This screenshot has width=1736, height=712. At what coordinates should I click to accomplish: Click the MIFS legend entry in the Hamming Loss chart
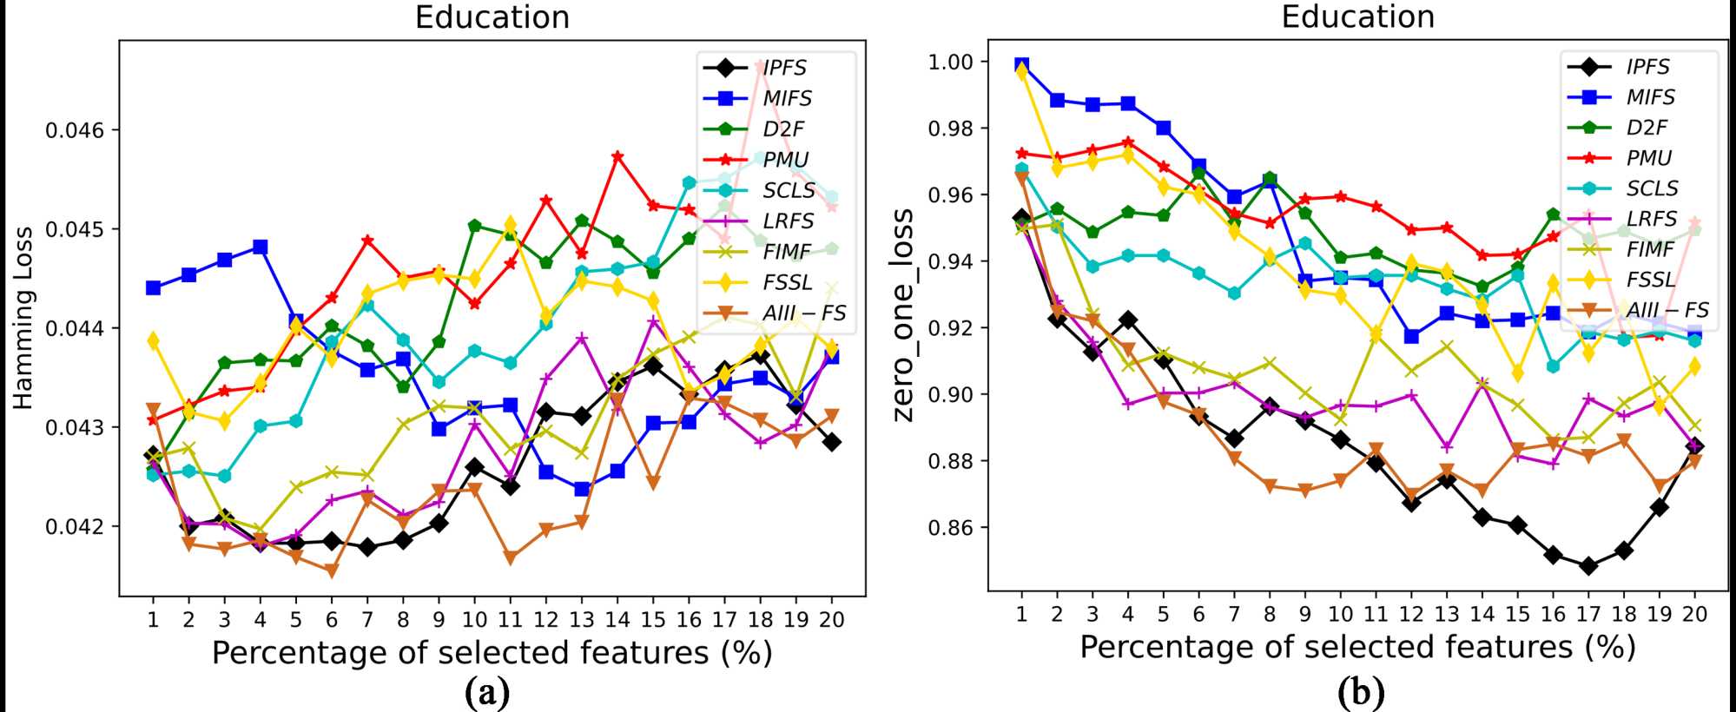point(787,98)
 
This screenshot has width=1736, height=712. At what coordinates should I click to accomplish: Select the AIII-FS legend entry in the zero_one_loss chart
point(1667,310)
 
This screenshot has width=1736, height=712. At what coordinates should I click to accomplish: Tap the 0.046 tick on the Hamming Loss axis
point(74,130)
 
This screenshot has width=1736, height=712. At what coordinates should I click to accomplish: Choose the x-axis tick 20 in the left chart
point(832,619)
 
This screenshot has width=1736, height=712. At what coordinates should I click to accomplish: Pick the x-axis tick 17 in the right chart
point(1588,614)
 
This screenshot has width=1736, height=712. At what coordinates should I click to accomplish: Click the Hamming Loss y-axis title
point(23,317)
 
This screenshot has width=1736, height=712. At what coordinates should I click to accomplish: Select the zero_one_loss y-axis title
point(903,314)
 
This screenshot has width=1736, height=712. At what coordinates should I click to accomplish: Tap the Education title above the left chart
point(492,17)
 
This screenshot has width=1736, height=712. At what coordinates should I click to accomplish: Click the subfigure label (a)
point(487,692)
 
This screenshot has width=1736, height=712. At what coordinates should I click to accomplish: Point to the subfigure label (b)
point(1361,692)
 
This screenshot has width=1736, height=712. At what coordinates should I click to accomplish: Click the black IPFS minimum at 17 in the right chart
point(1588,566)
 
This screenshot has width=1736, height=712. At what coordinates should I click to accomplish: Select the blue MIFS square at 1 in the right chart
point(1021,65)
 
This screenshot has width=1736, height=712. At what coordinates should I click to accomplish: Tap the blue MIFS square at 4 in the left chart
point(260,247)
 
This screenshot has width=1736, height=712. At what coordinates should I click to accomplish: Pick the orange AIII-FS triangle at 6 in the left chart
point(331,570)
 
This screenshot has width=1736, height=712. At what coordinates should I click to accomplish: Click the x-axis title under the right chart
point(1357,647)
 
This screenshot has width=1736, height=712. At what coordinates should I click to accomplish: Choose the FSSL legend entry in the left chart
point(787,282)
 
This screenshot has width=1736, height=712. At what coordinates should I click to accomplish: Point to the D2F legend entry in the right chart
point(1646,127)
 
